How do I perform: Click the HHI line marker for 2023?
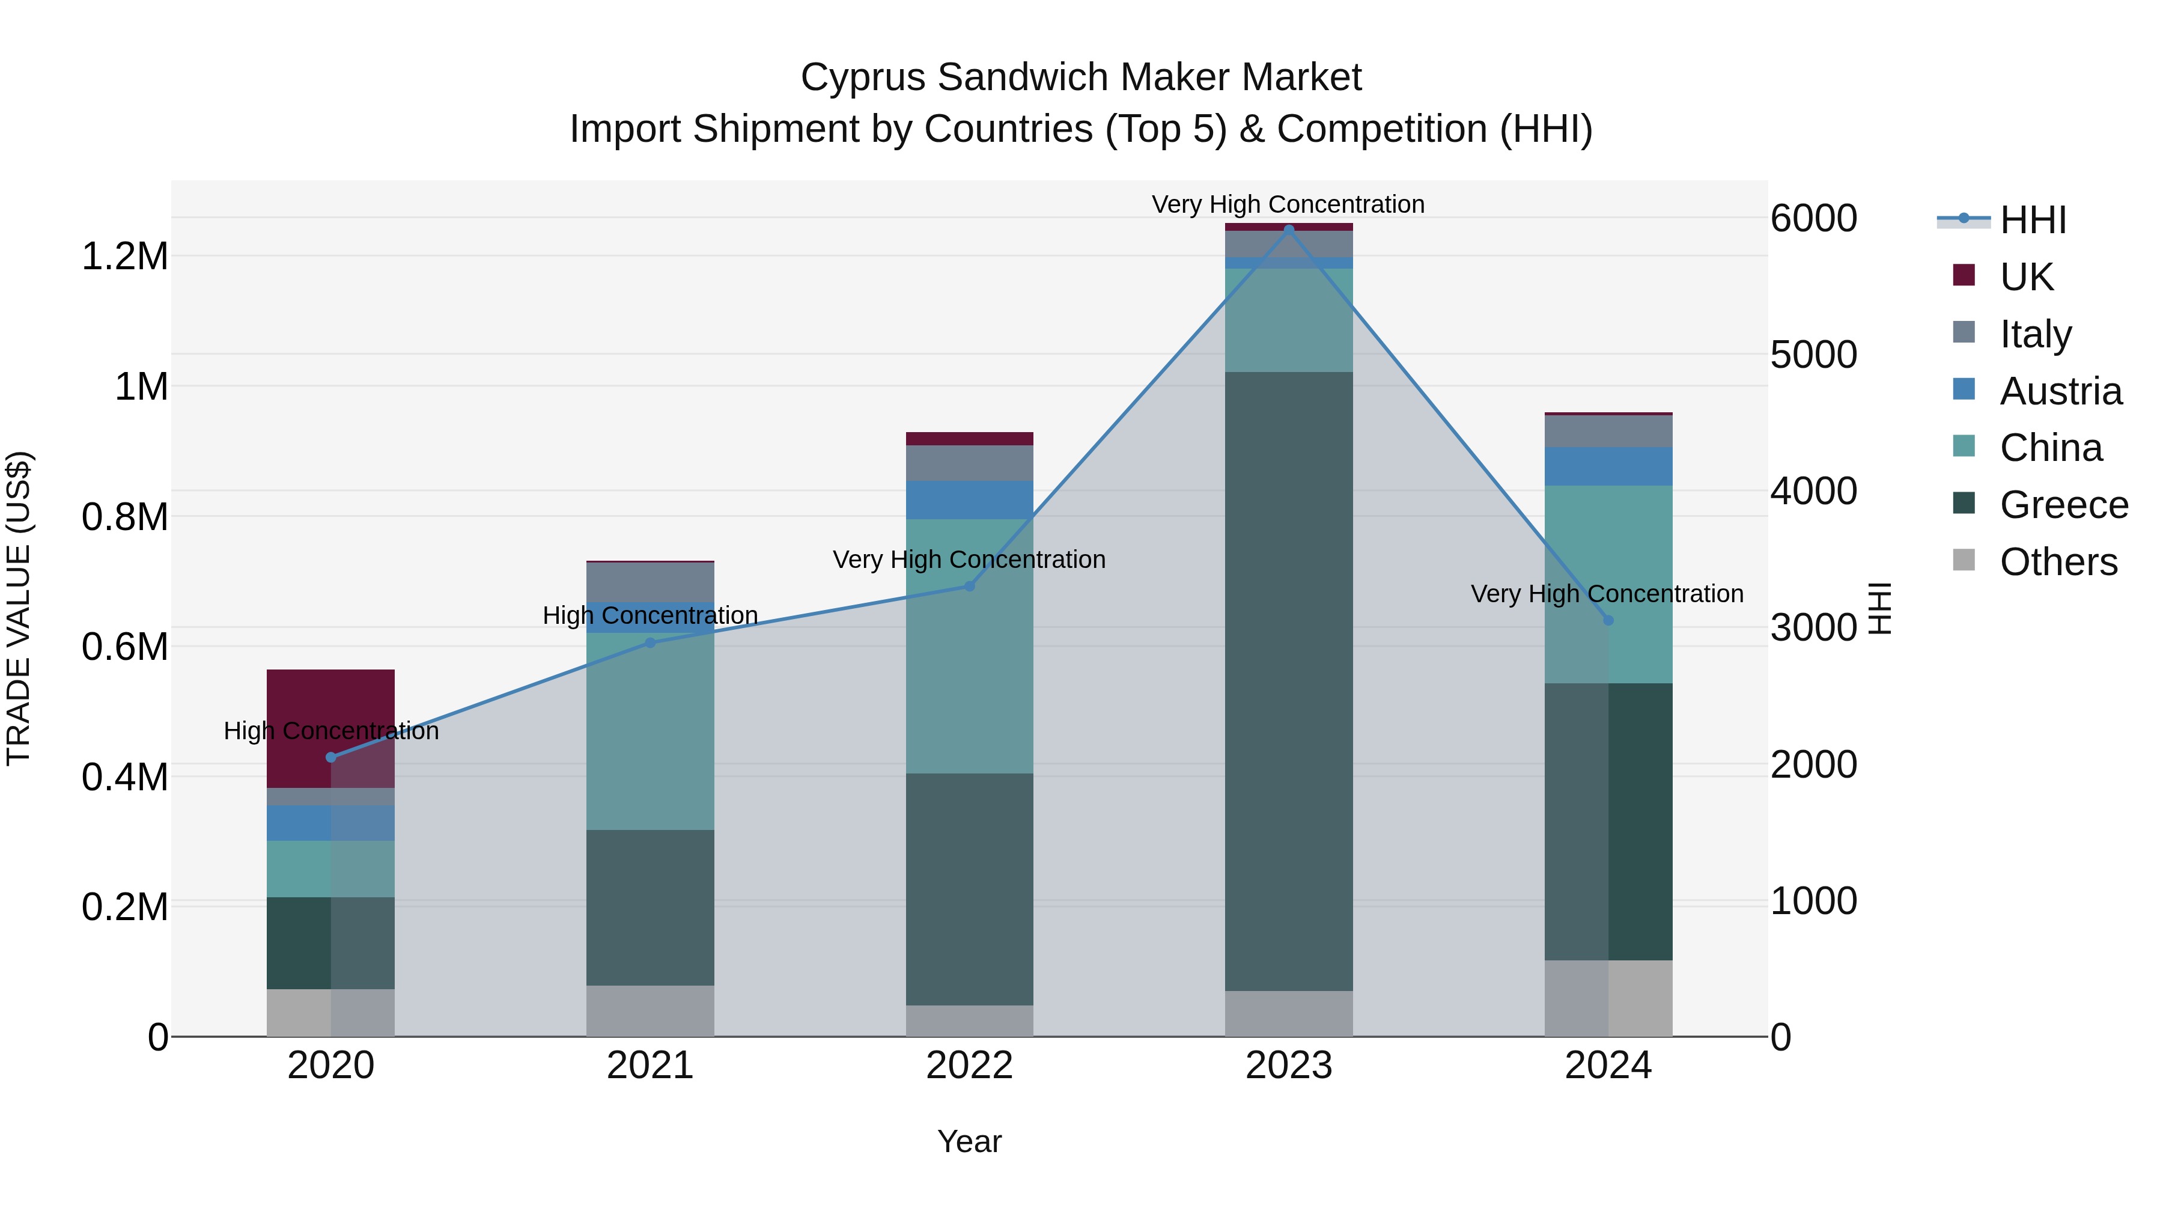[1289, 230]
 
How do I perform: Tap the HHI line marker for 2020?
[331, 757]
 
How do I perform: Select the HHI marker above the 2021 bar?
[650, 642]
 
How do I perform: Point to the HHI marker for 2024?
[1608, 620]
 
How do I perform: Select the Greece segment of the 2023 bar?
[1289, 680]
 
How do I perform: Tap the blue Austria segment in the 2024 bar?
[1608, 466]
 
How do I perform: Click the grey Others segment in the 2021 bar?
[650, 1010]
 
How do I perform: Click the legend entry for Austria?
[2061, 391]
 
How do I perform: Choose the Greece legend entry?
[2063, 505]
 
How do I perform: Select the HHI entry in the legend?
[2032, 220]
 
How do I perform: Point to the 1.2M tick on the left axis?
[125, 256]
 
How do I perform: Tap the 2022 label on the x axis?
[969, 1066]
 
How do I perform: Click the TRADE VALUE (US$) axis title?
[19, 608]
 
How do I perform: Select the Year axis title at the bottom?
[969, 1141]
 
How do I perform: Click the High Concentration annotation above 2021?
[650, 615]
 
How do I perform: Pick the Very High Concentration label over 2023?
[1288, 204]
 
